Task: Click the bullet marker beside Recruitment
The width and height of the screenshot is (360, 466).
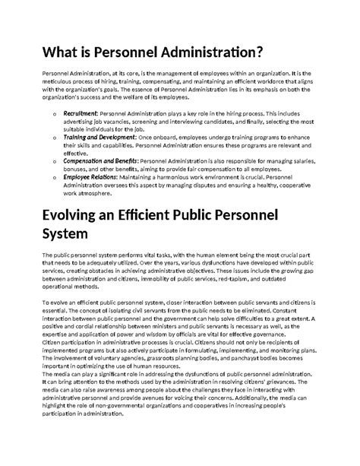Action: tap(54, 113)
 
